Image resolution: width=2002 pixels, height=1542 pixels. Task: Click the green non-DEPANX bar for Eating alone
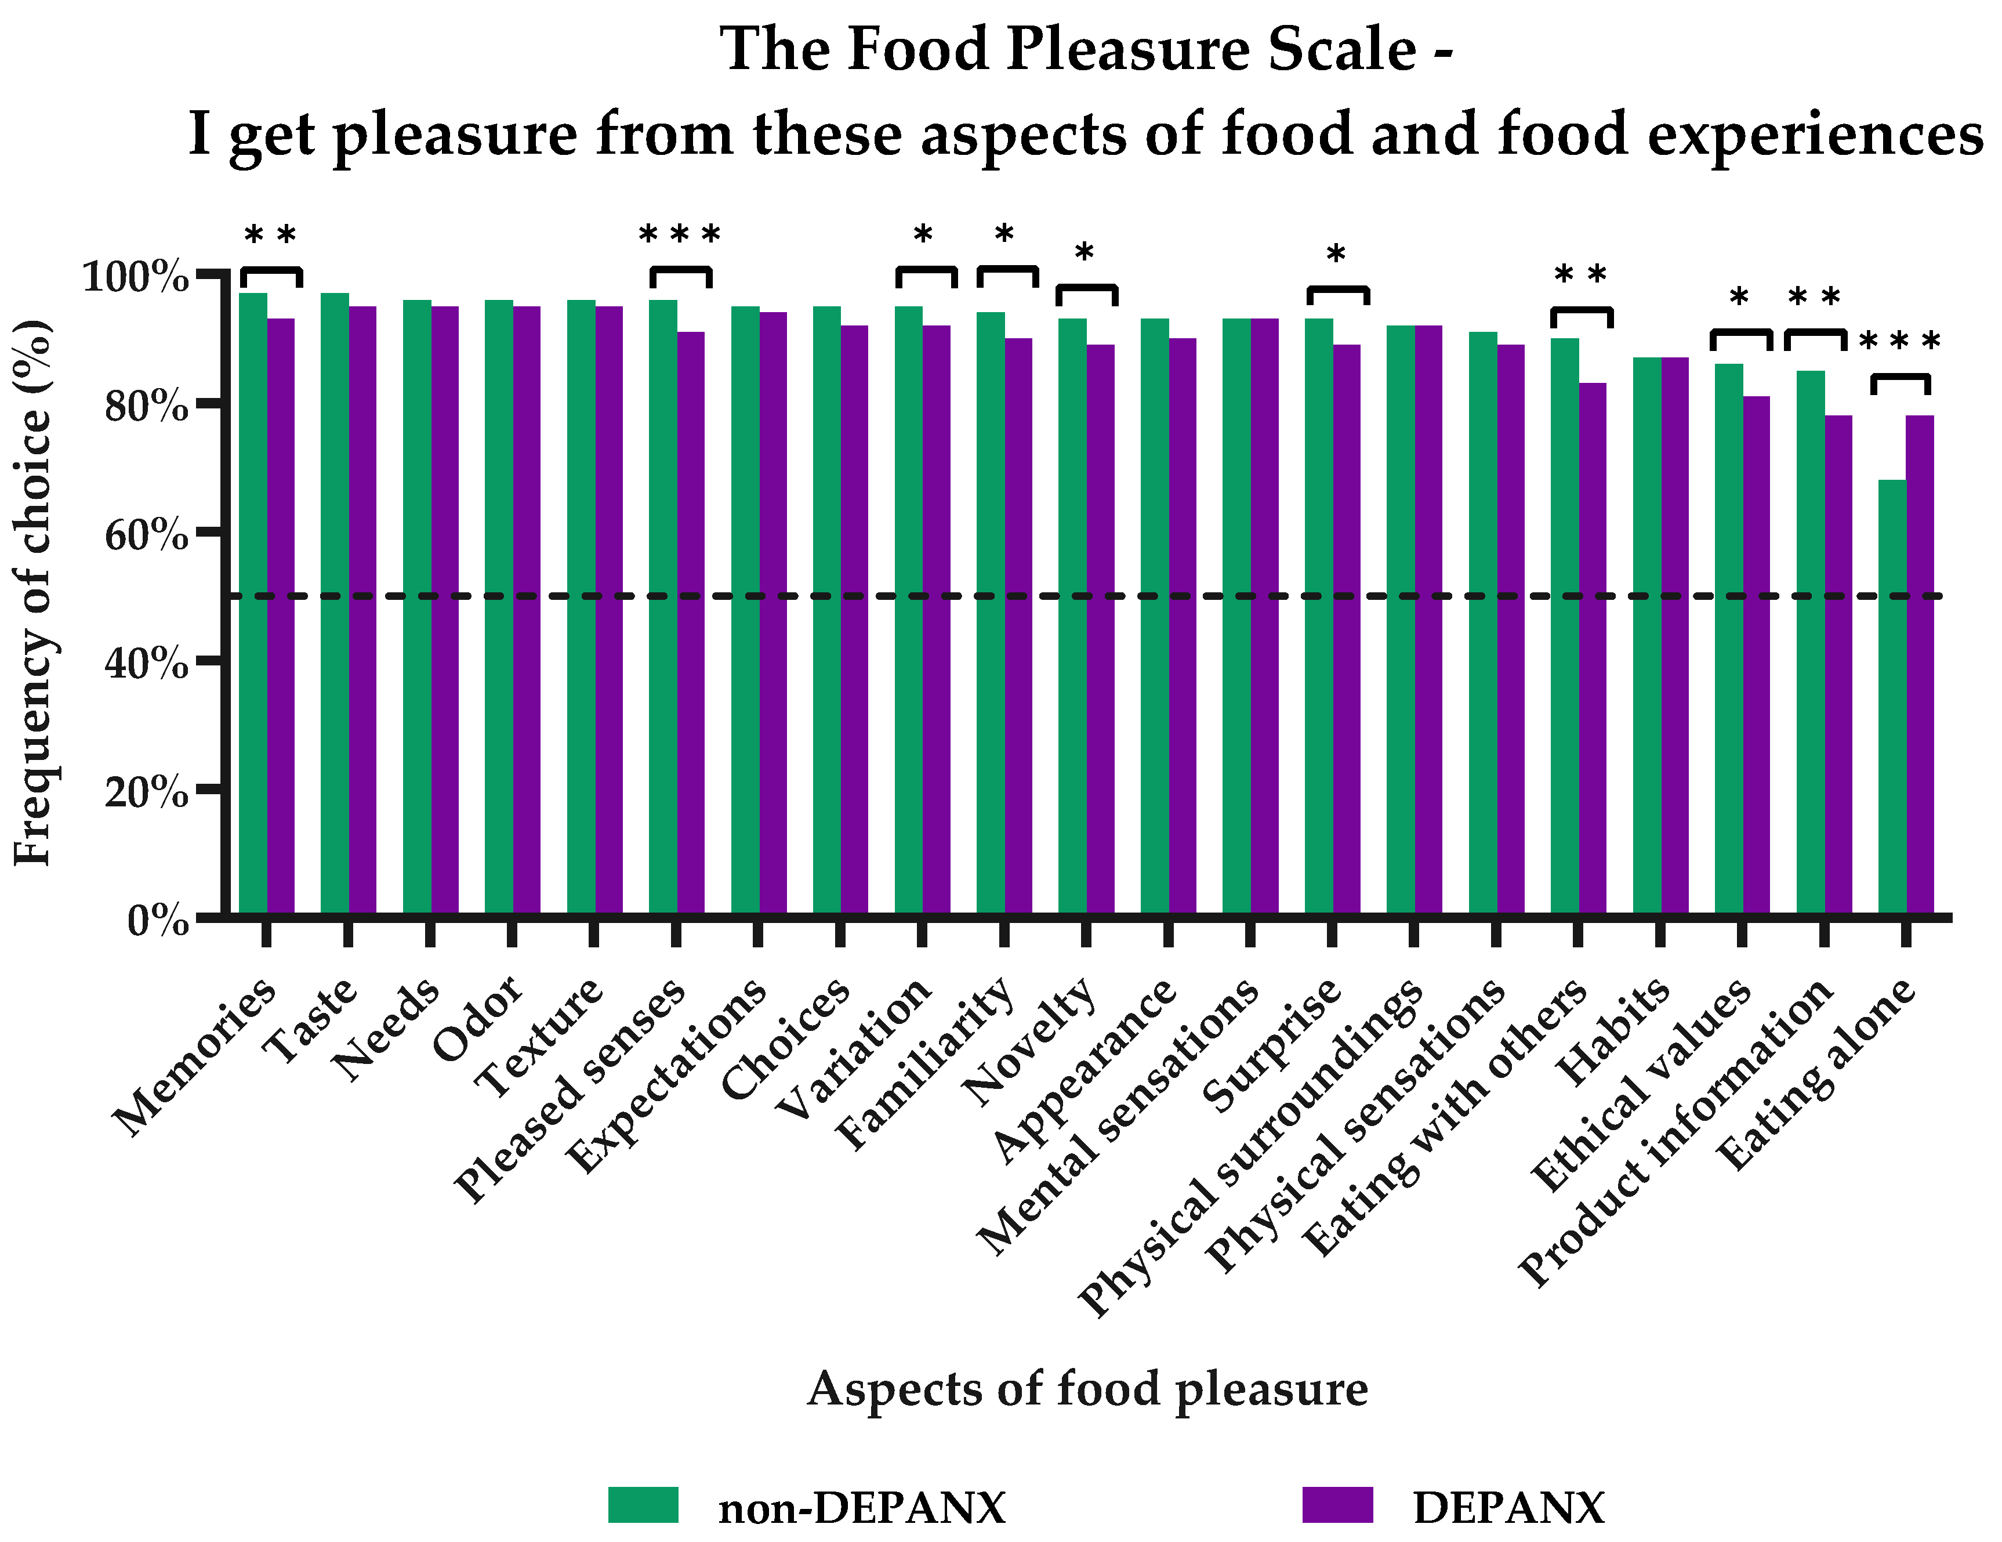(1891, 697)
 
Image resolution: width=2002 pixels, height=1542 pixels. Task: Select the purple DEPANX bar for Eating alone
(1920, 665)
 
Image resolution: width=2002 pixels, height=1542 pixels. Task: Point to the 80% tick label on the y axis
(147, 405)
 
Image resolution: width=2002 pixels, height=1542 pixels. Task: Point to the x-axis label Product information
(1677, 1133)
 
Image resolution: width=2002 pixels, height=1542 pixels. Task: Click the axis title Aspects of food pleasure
(1087, 1389)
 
